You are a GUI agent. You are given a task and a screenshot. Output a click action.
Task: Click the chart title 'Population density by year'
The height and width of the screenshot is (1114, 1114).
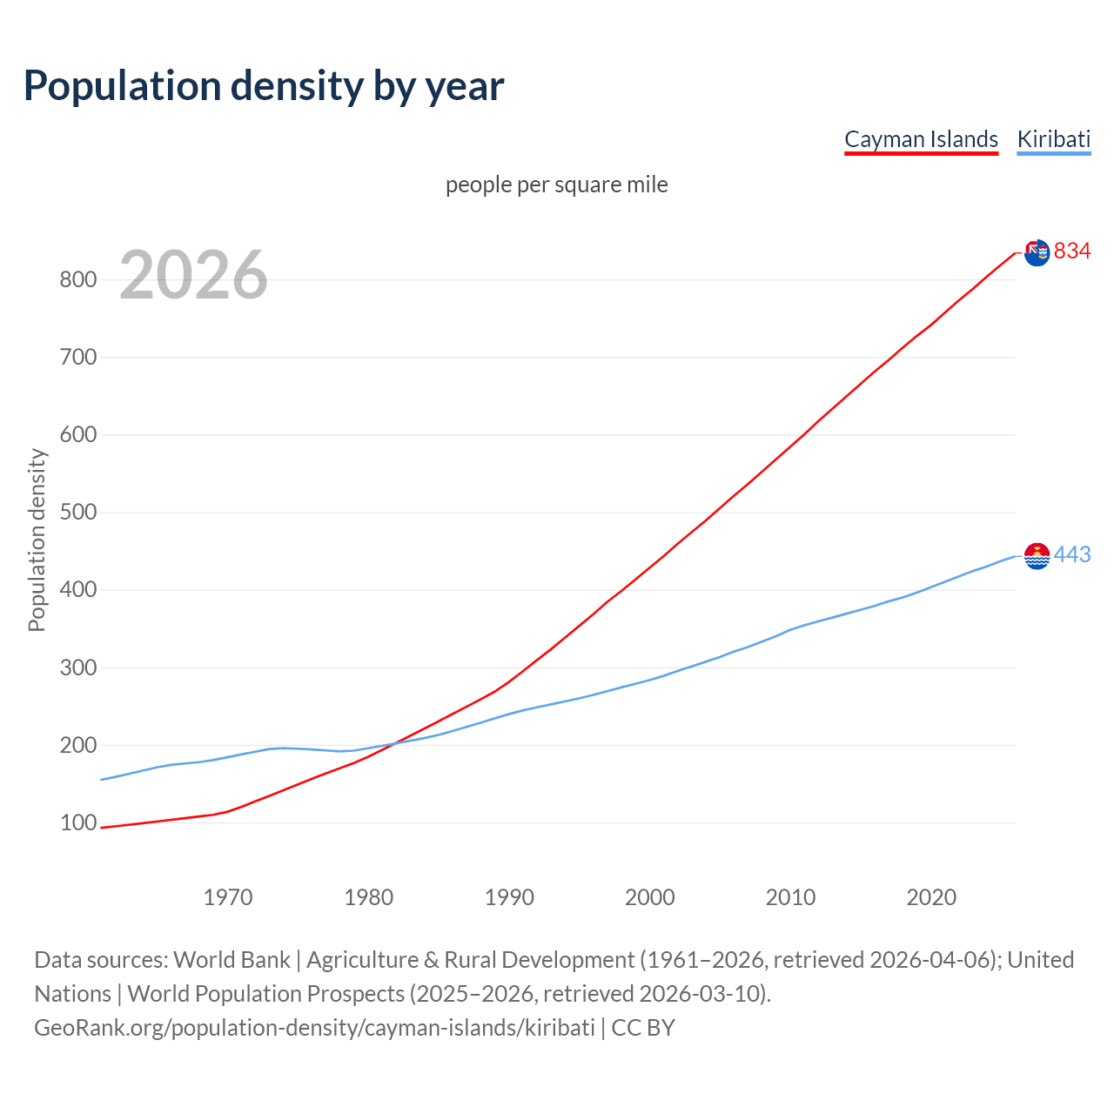pyautogui.click(x=264, y=85)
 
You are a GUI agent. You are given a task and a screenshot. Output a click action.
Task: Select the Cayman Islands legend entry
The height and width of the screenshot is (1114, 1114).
pyautogui.click(x=921, y=139)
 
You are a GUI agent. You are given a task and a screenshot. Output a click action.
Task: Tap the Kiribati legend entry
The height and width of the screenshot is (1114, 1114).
pyautogui.click(x=1053, y=139)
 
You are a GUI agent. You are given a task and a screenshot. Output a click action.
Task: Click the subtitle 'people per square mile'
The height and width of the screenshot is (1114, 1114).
pyautogui.click(x=556, y=185)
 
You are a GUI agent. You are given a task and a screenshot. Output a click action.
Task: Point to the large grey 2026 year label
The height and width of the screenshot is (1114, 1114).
pyautogui.click(x=193, y=275)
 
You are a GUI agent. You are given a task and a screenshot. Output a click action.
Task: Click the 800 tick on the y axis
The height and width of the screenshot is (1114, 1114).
pyautogui.click(x=77, y=279)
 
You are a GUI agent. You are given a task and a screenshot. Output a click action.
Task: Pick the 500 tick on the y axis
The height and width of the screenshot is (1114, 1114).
pyautogui.click(x=77, y=512)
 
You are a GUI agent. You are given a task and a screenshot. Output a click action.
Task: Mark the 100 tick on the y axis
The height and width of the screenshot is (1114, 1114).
pyautogui.click(x=77, y=822)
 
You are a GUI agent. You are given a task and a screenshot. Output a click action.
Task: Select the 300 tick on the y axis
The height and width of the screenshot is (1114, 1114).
pyautogui.click(x=77, y=668)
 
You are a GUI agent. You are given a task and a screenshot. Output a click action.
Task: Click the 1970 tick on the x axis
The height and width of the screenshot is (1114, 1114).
pyautogui.click(x=228, y=896)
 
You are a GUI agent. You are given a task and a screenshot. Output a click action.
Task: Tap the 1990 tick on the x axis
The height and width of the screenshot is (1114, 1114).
pyautogui.click(x=509, y=896)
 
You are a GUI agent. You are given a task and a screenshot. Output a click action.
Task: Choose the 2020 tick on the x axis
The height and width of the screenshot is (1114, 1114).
pyautogui.click(x=931, y=896)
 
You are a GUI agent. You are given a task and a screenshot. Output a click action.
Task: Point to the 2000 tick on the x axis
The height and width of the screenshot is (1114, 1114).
pyautogui.click(x=650, y=896)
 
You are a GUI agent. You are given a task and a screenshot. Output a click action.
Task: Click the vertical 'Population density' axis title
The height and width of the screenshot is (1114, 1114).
pyautogui.click(x=37, y=540)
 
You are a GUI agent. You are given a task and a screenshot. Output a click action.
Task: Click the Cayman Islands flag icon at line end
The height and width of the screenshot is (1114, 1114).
pyautogui.click(x=1037, y=252)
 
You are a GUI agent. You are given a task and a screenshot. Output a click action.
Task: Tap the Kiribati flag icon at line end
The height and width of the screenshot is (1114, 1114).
pyautogui.click(x=1037, y=555)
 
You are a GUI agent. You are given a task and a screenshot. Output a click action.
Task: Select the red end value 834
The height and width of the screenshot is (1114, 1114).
pyautogui.click(x=1072, y=252)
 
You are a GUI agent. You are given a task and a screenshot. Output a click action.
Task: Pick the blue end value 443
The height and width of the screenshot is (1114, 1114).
pyautogui.click(x=1072, y=554)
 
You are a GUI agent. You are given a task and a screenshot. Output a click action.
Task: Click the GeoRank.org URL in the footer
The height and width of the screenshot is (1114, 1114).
pyautogui.click(x=314, y=1028)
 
